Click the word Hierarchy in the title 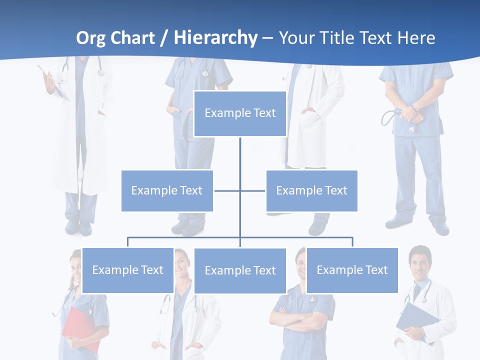point(215,38)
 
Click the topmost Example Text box point(240,113)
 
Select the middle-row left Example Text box point(167,190)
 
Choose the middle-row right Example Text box point(311,190)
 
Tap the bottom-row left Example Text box point(127,270)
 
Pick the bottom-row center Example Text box point(240,270)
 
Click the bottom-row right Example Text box point(352,270)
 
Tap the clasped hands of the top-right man point(411,114)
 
